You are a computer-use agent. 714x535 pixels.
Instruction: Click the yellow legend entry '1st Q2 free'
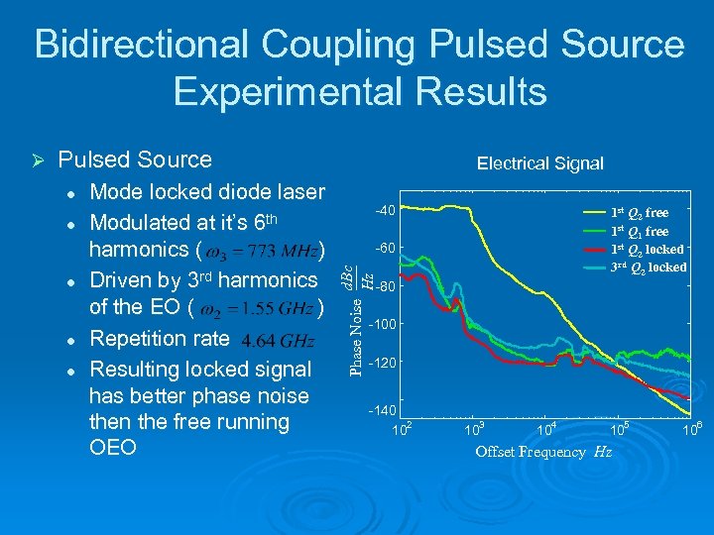point(640,212)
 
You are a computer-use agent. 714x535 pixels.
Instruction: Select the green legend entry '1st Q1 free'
point(640,231)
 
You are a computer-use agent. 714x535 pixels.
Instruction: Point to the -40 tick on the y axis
point(385,210)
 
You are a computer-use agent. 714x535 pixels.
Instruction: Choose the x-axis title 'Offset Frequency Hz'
point(543,452)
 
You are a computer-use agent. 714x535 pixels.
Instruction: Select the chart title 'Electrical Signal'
point(539,163)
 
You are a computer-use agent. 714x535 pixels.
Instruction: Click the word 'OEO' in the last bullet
point(112,447)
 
